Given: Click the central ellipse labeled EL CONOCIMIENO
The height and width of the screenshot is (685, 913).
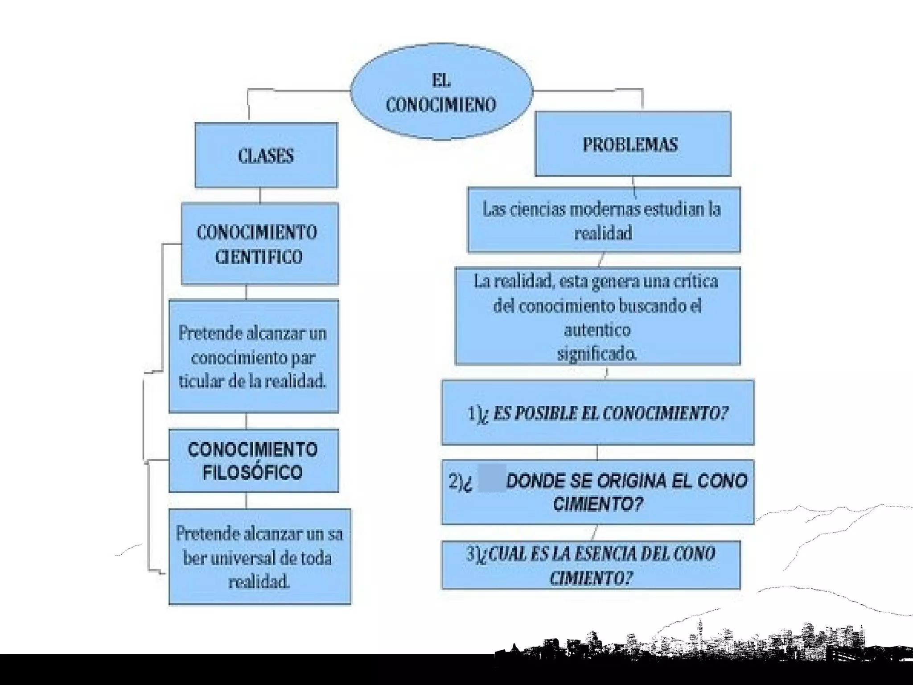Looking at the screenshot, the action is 441,92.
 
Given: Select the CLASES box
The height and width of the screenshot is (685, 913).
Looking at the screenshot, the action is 266,155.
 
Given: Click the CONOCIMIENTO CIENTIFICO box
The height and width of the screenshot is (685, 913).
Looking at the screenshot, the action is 259,243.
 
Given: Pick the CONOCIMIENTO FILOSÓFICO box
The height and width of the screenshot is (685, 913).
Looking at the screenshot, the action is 253,461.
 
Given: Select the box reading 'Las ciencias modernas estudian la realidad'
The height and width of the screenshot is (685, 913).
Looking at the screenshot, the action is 604,220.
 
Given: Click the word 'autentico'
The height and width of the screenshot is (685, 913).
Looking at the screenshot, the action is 597,330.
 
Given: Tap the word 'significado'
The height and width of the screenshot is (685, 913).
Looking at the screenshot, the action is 596,354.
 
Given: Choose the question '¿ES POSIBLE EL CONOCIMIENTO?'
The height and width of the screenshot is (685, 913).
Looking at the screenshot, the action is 597,413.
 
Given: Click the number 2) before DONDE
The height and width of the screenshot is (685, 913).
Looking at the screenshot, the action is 456,481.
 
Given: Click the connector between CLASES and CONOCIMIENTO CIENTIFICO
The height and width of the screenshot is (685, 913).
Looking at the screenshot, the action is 260,195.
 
